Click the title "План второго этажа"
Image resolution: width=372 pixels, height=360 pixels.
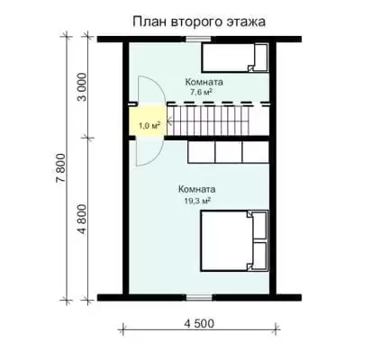click(x=199, y=22)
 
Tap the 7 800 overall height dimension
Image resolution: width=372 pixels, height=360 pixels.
click(x=61, y=168)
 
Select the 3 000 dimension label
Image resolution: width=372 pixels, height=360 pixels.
click(x=82, y=87)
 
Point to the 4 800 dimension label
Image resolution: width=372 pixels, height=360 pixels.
click(x=82, y=220)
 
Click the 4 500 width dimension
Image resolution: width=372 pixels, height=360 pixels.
click(x=199, y=324)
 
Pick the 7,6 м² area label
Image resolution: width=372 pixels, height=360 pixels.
click(x=199, y=93)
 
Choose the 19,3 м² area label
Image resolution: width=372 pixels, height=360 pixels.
click(x=197, y=201)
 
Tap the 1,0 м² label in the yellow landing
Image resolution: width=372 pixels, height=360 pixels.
click(x=149, y=125)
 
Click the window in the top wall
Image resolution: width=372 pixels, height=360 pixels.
click(x=198, y=39)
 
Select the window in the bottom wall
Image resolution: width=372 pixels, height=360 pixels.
click(x=199, y=297)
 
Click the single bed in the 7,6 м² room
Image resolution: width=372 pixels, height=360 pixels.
click(x=235, y=58)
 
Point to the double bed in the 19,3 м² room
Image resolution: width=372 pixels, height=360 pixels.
click(x=234, y=241)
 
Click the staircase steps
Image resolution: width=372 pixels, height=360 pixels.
click(x=208, y=121)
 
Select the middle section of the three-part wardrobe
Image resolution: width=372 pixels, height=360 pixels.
click(x=229, y=152)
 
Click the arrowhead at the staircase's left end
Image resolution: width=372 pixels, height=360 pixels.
click(x=168, y=121)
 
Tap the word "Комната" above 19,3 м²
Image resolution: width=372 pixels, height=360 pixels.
click(x=197, y=190)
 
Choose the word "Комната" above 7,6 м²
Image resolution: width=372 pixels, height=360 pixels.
click(x=204, y=82)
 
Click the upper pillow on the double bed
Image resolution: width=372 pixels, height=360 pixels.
click(x=259, y=225)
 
